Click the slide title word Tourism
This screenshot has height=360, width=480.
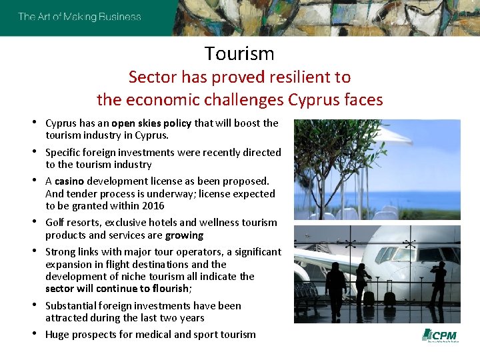click(239, 53)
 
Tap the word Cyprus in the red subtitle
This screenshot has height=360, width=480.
click(314, 100)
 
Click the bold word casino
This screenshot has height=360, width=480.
click(69, 181)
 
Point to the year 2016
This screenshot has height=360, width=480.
click(153, 205)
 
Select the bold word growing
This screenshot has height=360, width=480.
click(185, 235)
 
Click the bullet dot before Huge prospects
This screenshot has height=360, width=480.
click(35, 333)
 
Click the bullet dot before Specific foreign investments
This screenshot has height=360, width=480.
click(35, 151)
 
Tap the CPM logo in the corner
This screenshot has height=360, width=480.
click(441, 335)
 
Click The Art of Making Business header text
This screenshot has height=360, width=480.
click(79, 17)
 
